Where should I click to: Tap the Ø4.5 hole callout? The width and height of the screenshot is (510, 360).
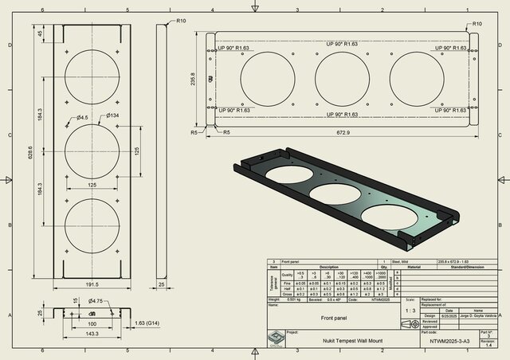click(83, 118)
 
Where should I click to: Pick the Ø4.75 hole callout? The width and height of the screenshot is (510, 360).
click(95, 301)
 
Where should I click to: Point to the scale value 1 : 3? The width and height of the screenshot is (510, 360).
click(410, 311)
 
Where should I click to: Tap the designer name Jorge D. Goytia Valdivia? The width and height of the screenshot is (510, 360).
click(478, 315)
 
